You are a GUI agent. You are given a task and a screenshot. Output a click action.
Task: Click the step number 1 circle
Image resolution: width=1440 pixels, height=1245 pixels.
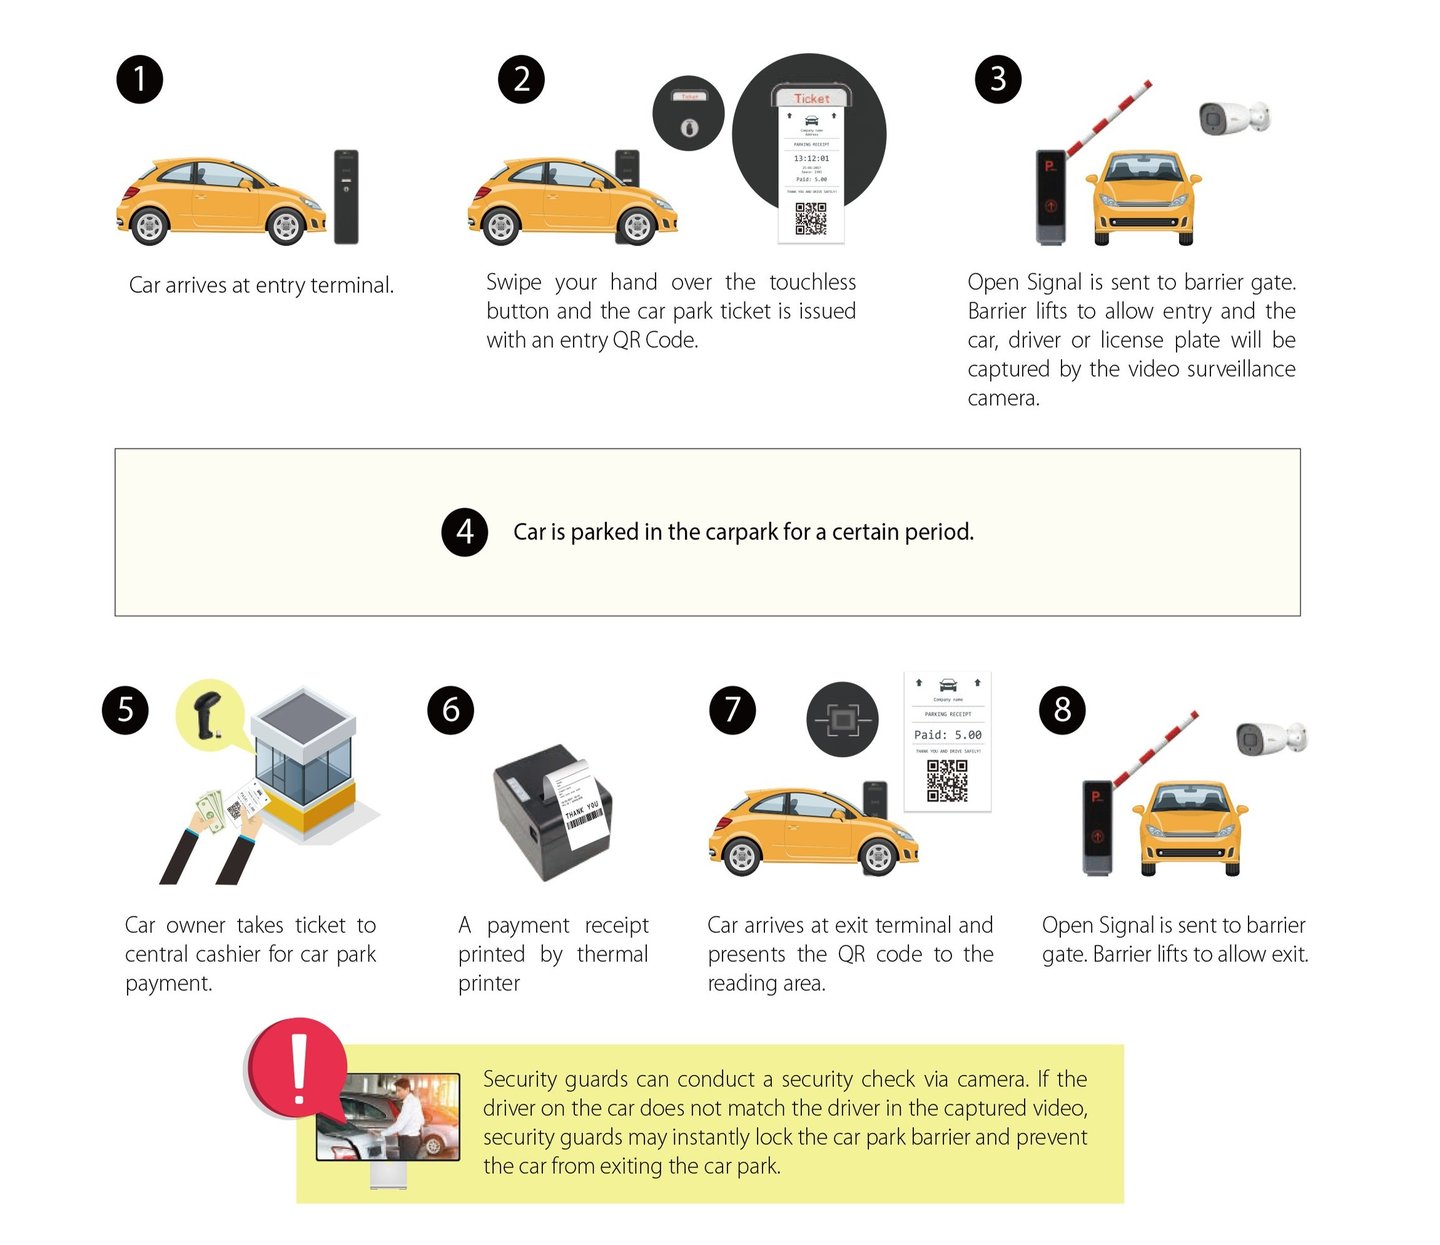tap(139, 79)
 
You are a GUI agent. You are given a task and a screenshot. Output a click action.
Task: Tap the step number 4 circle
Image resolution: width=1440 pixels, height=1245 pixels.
tap(464, 532)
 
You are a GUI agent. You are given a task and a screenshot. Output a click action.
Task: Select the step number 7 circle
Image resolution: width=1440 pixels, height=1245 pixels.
tap(732, 710)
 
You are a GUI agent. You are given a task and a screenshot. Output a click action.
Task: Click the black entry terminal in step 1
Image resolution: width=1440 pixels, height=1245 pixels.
tap(346, 197)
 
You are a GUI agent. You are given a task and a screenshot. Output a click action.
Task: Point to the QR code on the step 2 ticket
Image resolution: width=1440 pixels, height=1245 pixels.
tap(810, 219)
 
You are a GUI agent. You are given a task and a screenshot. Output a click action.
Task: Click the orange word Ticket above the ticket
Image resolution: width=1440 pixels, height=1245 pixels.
tap(811, 98)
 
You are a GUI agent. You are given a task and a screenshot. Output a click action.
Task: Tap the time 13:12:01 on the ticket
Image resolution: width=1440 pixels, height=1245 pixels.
tap(811, 158)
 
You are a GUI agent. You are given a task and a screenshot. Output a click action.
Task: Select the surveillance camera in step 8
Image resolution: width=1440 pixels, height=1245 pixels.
tap(1270, 739)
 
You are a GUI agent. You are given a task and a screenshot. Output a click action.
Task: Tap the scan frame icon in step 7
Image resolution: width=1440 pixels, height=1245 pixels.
tap(842, 719)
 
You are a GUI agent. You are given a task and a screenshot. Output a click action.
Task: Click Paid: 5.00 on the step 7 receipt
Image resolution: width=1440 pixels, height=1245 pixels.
tap(947, 735)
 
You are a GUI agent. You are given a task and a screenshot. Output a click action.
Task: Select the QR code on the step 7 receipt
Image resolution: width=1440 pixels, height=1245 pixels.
tap(946, 781)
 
